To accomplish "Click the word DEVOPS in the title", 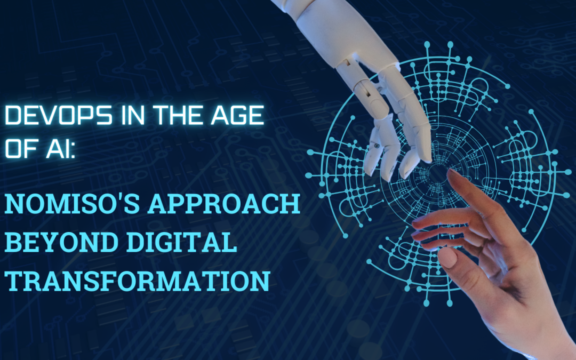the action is (x=59, y=115).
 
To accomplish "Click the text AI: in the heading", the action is (x=61, y=148).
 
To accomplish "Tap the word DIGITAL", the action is (x=178, y=242).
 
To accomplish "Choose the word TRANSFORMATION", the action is (x=138, y=281).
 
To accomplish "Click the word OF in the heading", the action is (x=21, y=148).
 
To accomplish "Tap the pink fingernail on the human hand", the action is (x=447, y=257).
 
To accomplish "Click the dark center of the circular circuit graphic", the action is (x=438, y=173).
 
